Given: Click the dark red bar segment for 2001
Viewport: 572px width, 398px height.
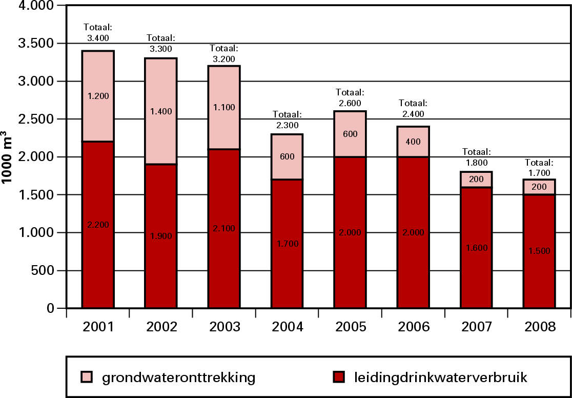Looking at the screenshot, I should pos(98,226).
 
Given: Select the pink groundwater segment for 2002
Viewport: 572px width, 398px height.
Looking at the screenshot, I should pos(160,111).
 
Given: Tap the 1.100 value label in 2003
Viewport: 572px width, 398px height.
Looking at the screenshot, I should pos(223,107).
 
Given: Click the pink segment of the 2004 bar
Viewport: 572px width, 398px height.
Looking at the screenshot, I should pos(287,156).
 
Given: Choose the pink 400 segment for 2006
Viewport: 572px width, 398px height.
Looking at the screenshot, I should pos(413,141).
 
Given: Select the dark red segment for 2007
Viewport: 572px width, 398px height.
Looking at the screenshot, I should pos(476,248).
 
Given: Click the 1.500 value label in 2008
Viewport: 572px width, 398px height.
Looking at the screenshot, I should pos(539,251).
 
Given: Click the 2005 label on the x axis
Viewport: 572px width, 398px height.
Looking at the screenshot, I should pos(350,327).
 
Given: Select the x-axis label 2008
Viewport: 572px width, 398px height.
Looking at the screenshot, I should pos(539,327).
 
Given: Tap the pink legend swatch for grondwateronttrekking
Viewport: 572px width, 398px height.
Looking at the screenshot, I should pos(86,378).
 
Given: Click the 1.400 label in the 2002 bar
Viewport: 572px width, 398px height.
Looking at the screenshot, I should pos(161,110).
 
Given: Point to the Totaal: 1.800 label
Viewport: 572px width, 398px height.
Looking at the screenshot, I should pos(477,156).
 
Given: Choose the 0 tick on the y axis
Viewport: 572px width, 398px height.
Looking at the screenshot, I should pos(51,309).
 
